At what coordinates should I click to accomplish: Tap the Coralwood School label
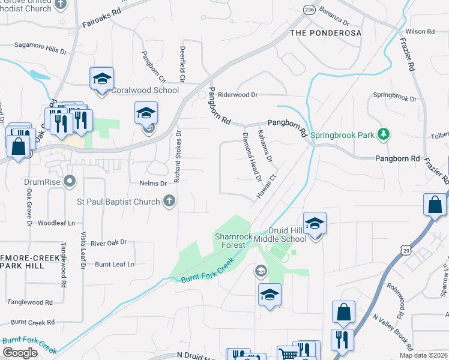tap(145, 90)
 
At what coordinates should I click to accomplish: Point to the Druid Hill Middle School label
tap(280, 234)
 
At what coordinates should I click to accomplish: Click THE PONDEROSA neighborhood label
tap(326, 33)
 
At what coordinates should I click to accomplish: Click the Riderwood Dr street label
tap(238, 95)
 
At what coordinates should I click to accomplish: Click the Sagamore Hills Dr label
tap(40, 48)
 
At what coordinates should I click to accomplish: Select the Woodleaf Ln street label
tap(56, 223)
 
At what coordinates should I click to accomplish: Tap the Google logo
tap(20, 353)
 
